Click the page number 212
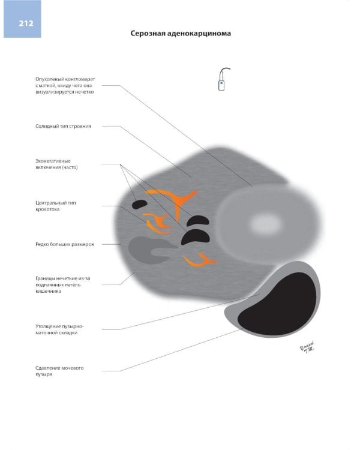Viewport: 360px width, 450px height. click(x=26, y=23)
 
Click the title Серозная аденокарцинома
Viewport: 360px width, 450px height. click(x=181, y=33)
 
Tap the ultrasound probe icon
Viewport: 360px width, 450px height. click(x=223, y=79)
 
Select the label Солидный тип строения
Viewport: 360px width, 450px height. click(x=63, y=126)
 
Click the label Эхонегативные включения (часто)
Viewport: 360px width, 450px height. click(x=56, y=164)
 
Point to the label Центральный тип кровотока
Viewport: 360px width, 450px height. click(x=56, y=206)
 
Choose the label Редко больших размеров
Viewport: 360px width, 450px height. click(x=65, y=244)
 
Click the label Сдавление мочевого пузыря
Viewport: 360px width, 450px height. click(x=59, y=371)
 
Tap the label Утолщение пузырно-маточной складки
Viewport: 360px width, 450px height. click(x=59, y=329)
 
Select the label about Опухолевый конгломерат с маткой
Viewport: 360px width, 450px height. click(x=65, y=86)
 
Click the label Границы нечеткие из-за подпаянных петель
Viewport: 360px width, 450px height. click(x=63, y=284)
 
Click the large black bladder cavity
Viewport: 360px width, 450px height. click(x=277, y=304)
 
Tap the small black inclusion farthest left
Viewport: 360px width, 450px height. click(x=140, y=204)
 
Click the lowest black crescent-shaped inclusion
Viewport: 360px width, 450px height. click(x=195, y=236)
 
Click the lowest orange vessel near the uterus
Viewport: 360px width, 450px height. click(x=200, y=260)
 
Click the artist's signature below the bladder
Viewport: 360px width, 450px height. click(x=307, y=347)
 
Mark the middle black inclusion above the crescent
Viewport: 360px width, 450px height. click(x=198, y=221)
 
